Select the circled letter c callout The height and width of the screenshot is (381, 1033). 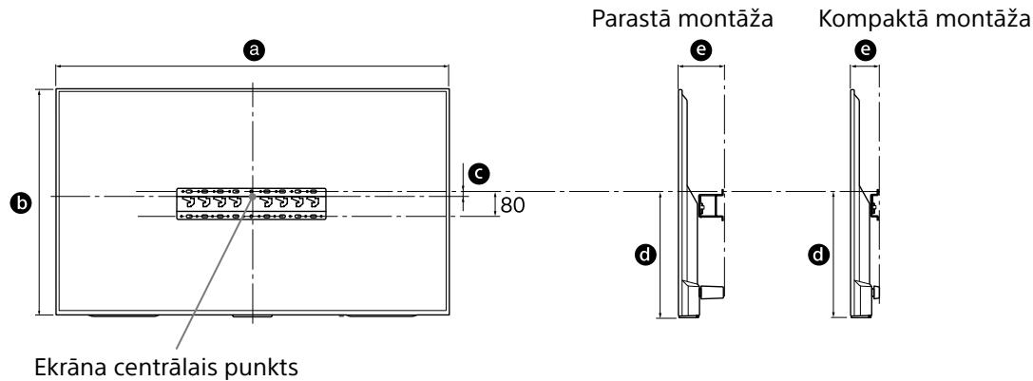pyautogui.click(x=482, y=172)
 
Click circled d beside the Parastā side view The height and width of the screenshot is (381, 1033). pyautogui.click(x=645, y=254)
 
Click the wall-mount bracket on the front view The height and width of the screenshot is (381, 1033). pyautogui.click(x=252, y=203)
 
